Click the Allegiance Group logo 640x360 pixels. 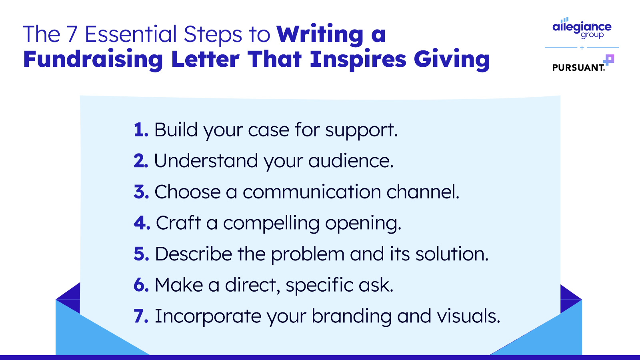582,28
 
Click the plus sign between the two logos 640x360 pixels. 582,48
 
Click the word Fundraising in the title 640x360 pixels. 93,60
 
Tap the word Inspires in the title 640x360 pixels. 358,60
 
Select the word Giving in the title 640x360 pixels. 452,60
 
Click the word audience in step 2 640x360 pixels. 350,161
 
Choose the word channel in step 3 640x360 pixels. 423,192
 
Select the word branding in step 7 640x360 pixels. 352,316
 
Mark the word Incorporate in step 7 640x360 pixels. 208,316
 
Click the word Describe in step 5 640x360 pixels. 194,254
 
